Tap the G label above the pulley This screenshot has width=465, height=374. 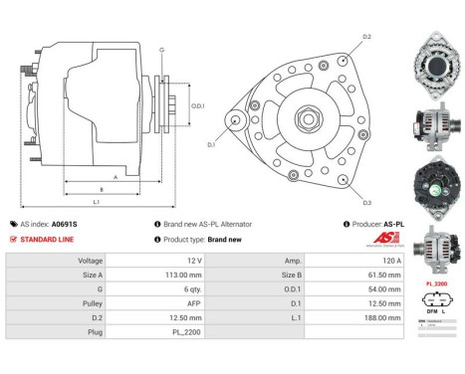(161, 49)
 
